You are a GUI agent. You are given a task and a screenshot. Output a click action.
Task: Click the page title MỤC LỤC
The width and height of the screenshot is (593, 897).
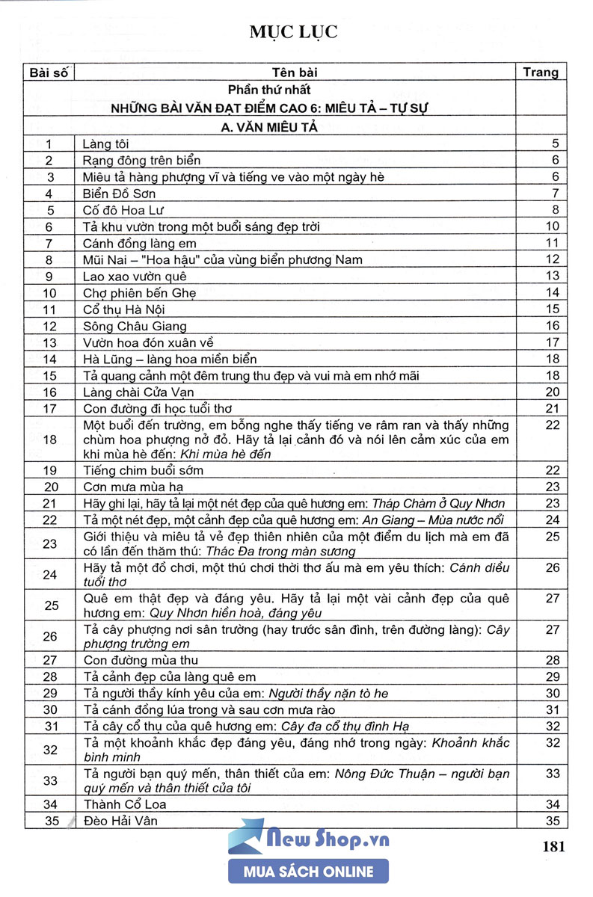[x=295, y=32]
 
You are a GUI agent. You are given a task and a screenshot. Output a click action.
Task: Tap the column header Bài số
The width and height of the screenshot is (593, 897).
[x=49, y=73]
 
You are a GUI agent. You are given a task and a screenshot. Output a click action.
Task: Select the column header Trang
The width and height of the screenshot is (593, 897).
[x=541, y=73]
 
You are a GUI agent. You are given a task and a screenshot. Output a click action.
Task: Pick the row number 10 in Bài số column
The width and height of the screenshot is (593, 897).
[x=50, y=292]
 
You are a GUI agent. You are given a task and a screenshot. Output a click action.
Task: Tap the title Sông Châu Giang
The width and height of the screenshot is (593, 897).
[x=135, y=326]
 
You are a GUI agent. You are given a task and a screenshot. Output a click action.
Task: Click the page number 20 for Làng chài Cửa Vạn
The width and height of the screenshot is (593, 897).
[x=553, y=392]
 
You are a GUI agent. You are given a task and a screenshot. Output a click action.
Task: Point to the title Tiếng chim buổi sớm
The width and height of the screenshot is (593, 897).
[x=143, y=470]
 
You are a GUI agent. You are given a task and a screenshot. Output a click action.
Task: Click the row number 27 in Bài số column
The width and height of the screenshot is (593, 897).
[x=50, y=660]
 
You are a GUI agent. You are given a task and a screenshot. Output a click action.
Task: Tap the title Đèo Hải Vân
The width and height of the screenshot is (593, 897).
[x=120, y=822]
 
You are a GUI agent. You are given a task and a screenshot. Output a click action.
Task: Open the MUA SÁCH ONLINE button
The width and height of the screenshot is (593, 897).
[x=308, y=872]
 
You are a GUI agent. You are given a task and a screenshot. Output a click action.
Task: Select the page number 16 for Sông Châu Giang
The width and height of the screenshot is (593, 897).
[x=553, y=326]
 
